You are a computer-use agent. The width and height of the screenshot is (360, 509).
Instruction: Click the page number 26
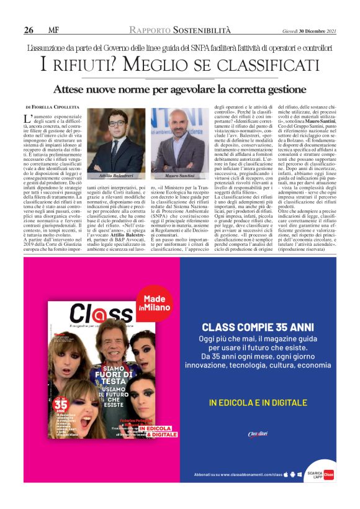click(x=29, y=30)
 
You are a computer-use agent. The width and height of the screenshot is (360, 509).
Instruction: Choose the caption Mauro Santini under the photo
click(x=179, y=178)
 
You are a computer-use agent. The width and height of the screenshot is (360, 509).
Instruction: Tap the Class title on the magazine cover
click(x=93, y=314)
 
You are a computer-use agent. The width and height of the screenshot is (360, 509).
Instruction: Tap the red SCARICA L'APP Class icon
click(x=328, y=475)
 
